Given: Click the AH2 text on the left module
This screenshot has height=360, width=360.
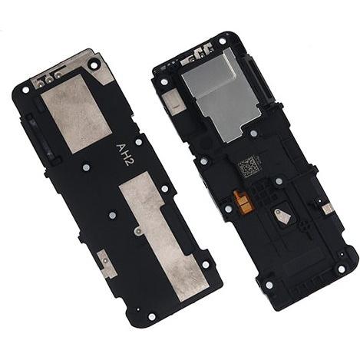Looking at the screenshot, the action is pyautogui.click(x=123, y=154).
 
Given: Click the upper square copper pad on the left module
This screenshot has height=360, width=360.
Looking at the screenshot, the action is pyautogui.click(x=77, y=114).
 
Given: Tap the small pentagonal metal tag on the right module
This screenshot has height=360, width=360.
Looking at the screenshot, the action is pyautogui.click(x=282, y=215).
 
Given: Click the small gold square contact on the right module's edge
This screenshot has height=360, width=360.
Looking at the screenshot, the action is pyautogui.click(x=328, y=209).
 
